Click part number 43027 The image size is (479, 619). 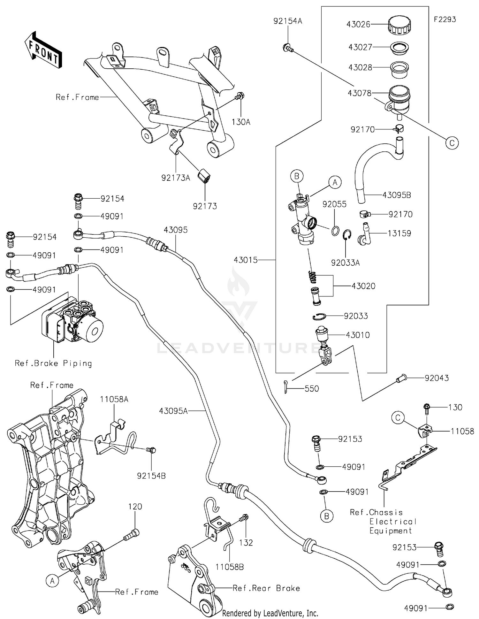(360, 47)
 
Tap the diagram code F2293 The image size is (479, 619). (445, 19)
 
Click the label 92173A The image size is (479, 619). (176, 178)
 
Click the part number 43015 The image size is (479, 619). (245, 260)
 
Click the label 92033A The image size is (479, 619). (345, 263)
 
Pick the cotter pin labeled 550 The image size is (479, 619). (286, 387)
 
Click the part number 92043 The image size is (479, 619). (437, 378)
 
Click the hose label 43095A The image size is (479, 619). (173, 411)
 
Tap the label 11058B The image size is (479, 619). (230, 567)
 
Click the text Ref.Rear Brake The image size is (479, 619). (266, 588)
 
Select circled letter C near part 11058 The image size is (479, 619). (398, 418)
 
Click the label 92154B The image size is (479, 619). (151, 476)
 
